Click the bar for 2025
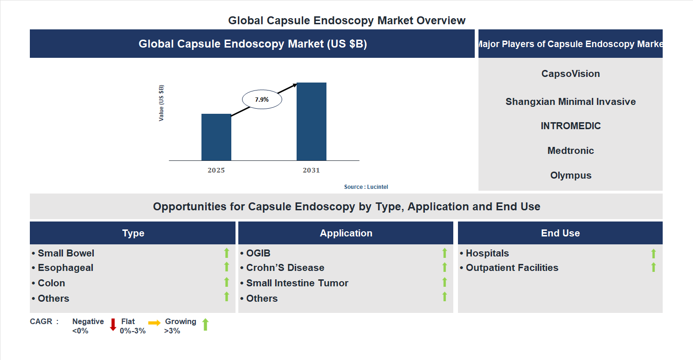point(216,137)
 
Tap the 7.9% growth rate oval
point(262,99)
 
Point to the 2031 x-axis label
point(311,170)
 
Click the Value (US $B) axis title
point(161,103)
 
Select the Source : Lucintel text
point(366,187)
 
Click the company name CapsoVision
point(570,74)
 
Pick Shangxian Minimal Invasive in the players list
point(570,102)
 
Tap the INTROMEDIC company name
point(570,126)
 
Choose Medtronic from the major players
point(570,151)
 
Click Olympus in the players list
point(570,175)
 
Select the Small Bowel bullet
point(66,253)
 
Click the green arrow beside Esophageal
point(227,267)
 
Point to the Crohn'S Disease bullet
point(285,268)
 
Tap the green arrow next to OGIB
point(444,253)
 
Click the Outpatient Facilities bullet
point(512,268)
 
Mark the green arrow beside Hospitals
point(653,253)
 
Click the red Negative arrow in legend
point(113,325)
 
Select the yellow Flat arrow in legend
point(154,323)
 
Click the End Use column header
point(560,233)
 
